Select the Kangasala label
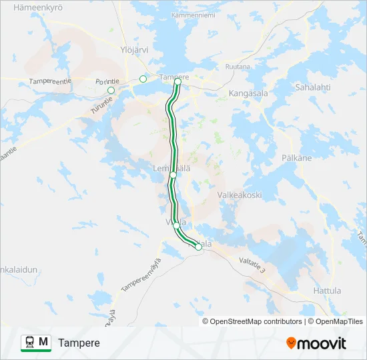248,93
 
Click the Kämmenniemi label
194,15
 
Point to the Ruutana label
238,67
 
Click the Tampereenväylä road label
141,275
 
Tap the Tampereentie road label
50,81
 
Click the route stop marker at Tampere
177,83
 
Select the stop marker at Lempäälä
173,175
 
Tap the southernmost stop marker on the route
198,247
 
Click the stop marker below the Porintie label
111,91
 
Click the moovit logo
316,343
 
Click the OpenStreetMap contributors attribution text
256,321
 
